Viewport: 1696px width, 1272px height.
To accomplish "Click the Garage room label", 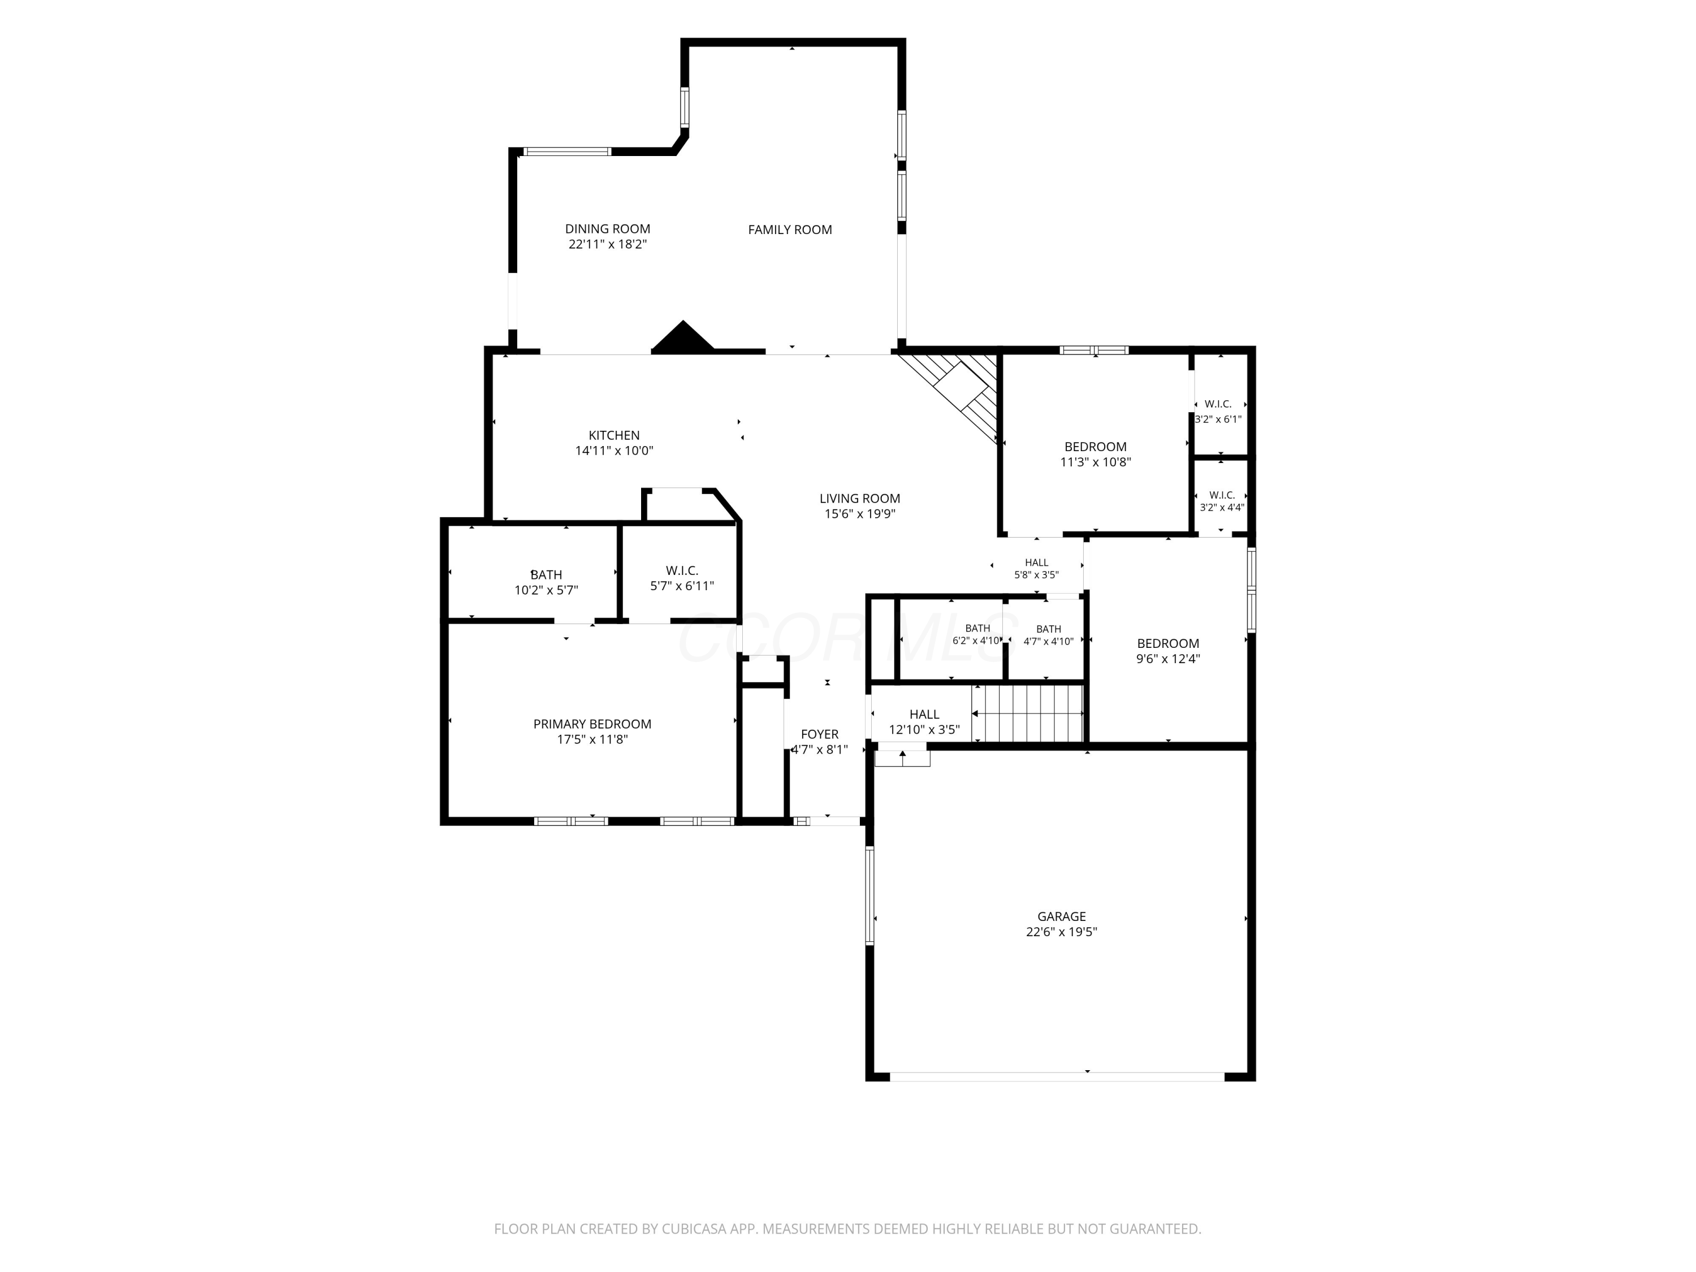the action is coord(1061,916).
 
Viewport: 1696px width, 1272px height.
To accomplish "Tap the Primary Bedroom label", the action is coord(592,724).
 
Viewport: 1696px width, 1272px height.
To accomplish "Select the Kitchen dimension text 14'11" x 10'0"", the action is coord(614,451).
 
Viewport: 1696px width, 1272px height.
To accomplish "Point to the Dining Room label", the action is coord(607,228).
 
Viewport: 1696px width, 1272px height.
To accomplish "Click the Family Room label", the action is coord(790,230).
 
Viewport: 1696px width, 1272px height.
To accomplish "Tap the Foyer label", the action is coord(820,734).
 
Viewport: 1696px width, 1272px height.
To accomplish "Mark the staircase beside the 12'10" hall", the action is coord(1027,713).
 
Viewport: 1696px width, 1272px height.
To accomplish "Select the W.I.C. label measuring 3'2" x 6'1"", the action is coord(1218,404).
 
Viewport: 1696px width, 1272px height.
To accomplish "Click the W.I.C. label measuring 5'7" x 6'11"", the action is coord(682,570).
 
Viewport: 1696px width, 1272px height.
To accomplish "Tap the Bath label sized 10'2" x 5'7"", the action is coord(546,574).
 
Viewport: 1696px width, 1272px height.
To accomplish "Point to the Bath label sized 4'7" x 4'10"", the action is coord(1049,629).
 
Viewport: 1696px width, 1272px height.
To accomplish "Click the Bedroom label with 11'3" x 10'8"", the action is coord(1095,447).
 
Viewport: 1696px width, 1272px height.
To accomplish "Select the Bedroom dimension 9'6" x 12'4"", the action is coord(1168,659).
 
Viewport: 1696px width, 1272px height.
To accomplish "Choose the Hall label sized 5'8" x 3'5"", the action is coord(1037,563).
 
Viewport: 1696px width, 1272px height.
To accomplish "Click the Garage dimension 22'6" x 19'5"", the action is coord(1061,932).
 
